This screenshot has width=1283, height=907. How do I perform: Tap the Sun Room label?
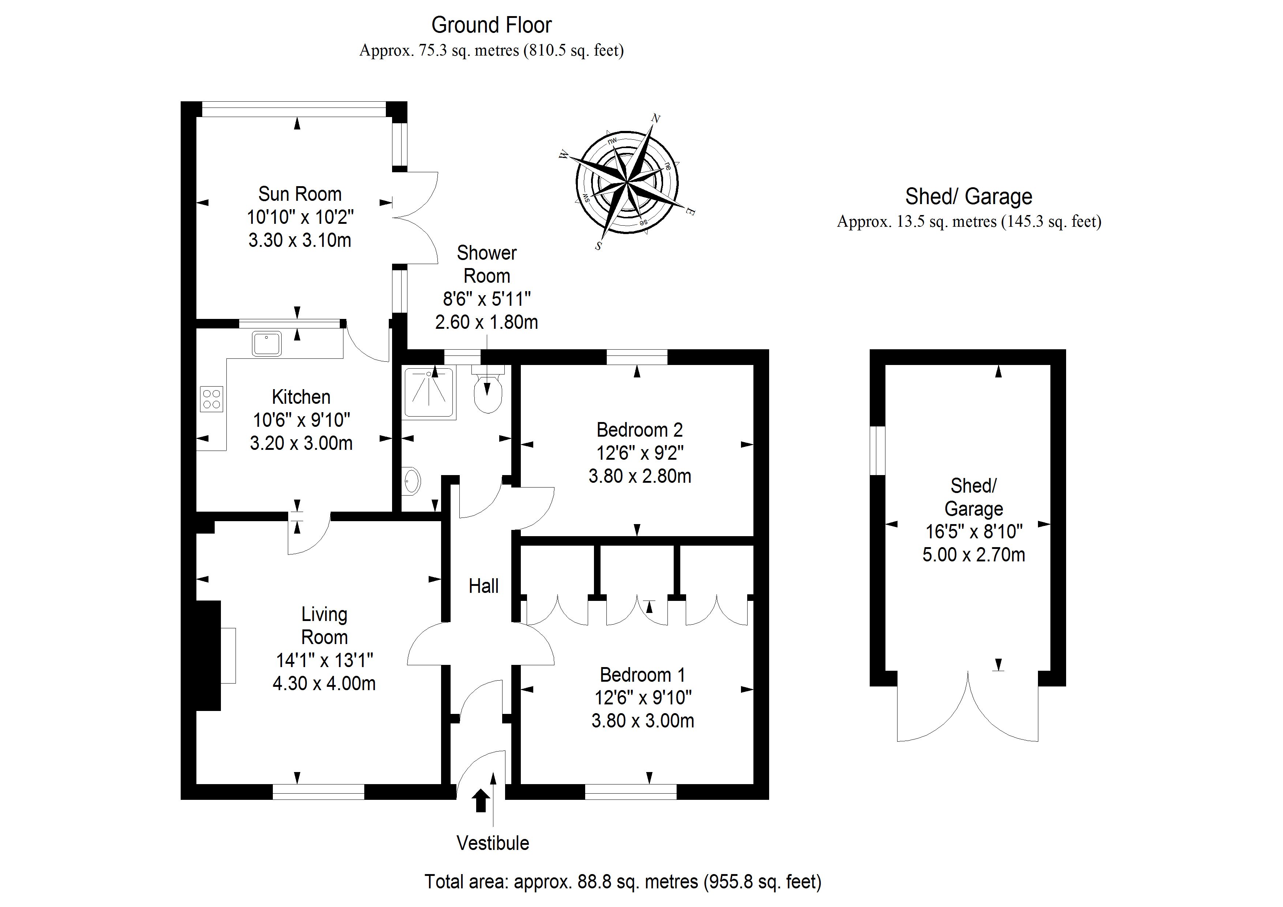coord(300,194)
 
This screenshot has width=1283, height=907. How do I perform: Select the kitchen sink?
coord(267,343)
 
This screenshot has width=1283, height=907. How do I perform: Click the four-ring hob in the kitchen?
coord(212,398)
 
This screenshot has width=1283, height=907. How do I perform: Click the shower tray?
coord(429,392)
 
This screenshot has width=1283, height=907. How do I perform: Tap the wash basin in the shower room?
coord(411,481)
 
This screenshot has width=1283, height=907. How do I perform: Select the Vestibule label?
coord(492,843)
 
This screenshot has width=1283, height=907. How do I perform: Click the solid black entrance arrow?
coord(481,800)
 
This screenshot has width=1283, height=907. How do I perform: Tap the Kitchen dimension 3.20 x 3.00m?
coord(301,443)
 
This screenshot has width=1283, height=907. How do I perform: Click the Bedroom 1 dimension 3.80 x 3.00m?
coord(643,721)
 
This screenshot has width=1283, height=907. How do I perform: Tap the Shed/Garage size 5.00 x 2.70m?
coord(974,555)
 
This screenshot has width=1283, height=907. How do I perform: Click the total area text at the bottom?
coord(622,882)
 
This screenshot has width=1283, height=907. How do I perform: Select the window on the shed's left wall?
coord(878,451)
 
